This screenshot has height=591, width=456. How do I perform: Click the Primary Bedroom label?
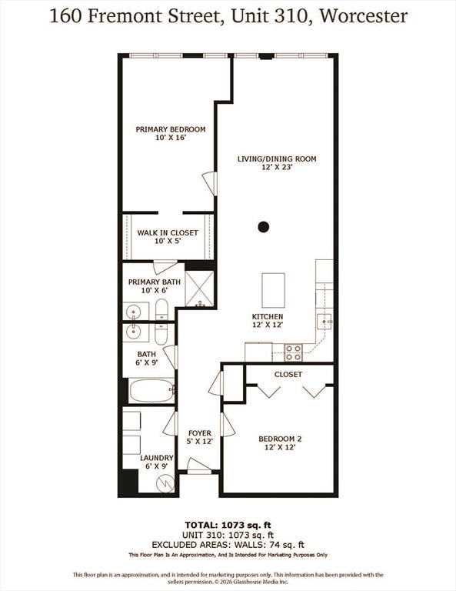click(171, 133)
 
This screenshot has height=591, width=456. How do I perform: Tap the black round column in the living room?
click(264, 227)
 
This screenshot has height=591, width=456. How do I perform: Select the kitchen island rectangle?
click(274, 291)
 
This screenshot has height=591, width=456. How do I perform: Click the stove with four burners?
click(293, 352)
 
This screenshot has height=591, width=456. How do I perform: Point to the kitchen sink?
click(324, 322)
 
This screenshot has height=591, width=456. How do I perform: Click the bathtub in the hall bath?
click(151, 391)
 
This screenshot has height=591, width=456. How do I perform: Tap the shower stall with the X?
click(199, 289)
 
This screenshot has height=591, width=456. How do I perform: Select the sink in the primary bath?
click(133, 312)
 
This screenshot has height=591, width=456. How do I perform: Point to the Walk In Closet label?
click(168, 237)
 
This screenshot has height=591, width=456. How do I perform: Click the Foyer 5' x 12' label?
click(200, 437)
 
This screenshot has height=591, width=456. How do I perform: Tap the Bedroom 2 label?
click(280, 443)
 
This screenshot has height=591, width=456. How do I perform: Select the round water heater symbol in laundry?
click(165, 482)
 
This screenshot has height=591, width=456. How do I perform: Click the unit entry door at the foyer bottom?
click(199, 465)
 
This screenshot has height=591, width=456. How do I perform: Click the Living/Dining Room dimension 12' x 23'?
click(277, 167)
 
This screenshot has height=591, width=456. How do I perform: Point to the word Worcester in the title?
click(364, 16)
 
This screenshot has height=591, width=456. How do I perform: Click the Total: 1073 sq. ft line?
click(228, 525)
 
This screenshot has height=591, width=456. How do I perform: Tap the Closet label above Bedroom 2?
click(288, 374)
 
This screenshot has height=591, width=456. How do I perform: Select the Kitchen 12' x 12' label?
click(268, 321)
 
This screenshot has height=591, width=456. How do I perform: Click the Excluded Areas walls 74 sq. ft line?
click(228, 545)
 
